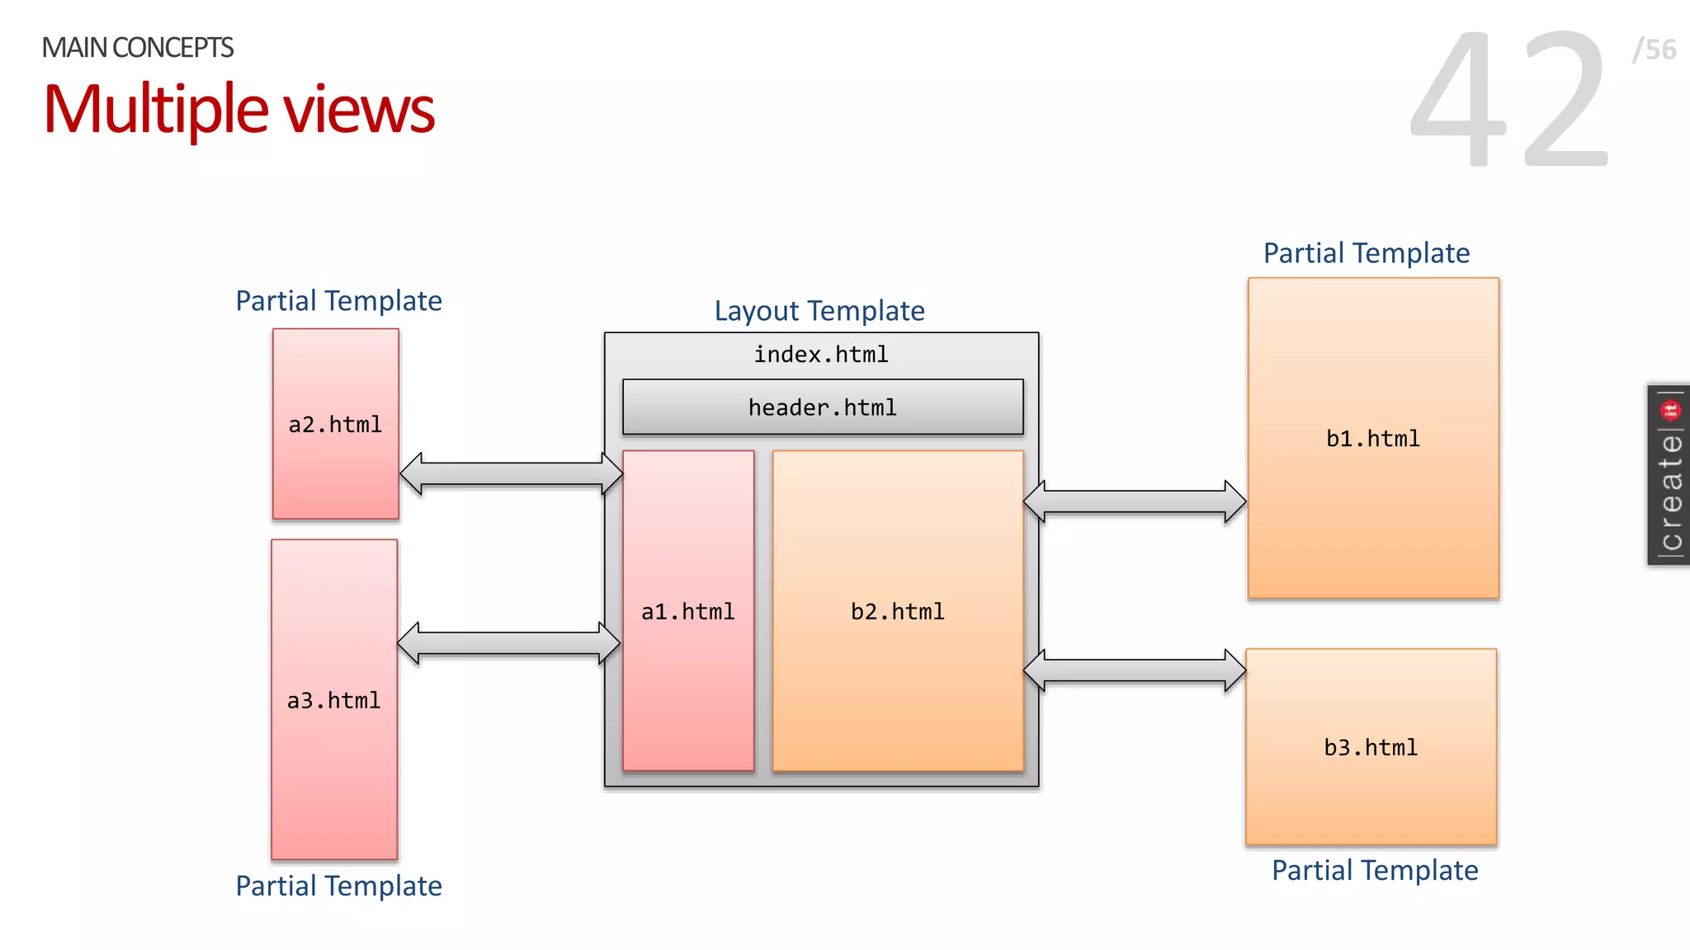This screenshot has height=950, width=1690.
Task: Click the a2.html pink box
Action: (336, 424)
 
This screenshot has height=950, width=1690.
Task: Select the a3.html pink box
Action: (334, 699)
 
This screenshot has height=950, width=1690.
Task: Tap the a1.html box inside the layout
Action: (688, 611)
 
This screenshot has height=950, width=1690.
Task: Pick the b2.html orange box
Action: (898, 611)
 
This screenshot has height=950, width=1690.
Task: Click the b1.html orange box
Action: (1373, 438)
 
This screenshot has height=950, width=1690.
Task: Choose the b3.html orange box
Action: (1371, 747)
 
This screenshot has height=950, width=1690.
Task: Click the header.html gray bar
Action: (823, 407)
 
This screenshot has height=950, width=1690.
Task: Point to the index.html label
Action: (821, 355)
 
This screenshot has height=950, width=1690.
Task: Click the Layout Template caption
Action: (819, 311)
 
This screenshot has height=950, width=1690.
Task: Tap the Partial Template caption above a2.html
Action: (338, 301)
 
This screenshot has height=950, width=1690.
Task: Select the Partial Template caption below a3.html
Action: (338, 886)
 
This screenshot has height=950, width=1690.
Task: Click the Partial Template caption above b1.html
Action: (1367, 253)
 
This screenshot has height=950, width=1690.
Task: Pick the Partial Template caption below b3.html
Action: (1375, 871)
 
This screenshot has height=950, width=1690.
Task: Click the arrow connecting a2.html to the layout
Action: (511, 474)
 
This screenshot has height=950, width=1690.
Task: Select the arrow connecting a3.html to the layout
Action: (508, 643)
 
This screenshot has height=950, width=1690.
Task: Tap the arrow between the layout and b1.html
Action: (1135, 501)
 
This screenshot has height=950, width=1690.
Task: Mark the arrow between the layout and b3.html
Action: (1135, 670)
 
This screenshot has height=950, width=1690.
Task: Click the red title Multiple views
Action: (239, 109)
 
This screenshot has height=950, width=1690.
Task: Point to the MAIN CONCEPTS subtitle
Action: (138, 48)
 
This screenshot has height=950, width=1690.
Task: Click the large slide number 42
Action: (1509, 99)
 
